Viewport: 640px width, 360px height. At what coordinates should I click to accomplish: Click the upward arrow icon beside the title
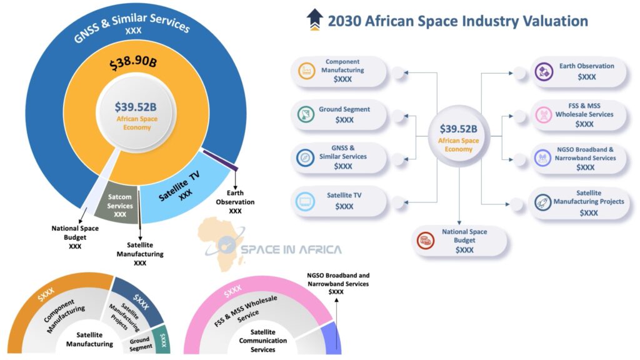click(314, 20)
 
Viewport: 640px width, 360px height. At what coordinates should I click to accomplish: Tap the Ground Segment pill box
click(340, 114)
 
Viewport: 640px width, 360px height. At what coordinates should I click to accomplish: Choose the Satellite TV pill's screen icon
click(306, 201)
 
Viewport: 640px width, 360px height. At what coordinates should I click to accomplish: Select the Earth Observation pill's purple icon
click(542, 71)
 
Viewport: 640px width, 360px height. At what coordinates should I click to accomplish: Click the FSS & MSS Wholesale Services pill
click(578, 114)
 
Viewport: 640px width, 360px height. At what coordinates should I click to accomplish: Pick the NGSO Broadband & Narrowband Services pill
click(578, 158)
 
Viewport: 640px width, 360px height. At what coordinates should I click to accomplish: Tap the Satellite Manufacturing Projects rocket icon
click(542, 202)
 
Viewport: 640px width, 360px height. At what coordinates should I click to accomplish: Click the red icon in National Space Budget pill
click(426, 240)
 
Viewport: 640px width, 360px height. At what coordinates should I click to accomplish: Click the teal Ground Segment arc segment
click(162, 341)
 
